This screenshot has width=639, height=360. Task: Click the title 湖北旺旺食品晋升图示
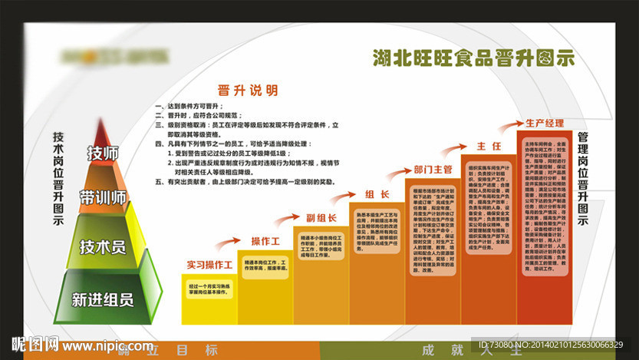[473, 58]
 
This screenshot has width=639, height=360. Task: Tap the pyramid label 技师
[104, 154]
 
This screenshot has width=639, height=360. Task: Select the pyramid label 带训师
[103, 198]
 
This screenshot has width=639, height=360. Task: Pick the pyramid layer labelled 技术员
[103, 246]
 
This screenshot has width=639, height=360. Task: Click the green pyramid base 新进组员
[102, 299]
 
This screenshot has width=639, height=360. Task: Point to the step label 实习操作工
[209, 265]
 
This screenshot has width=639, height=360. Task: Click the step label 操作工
[265, 242]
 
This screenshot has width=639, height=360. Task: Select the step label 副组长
[321, 217]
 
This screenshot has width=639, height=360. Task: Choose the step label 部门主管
[433, 169]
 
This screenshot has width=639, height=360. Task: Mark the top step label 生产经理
[545, 123]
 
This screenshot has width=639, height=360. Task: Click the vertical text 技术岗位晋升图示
[58, 177]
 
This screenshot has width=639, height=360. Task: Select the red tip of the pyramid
[104, 131]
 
